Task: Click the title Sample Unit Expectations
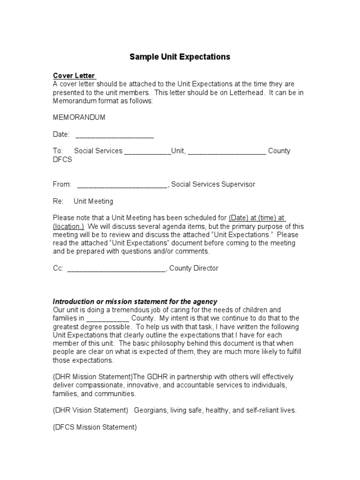(x=180, y=57)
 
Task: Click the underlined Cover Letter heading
(x=74, y=75)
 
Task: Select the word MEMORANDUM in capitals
(x=79, y=117)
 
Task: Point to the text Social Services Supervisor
(x=213, y=185)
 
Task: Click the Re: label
(x=58, y=202)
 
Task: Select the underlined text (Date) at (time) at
(x=257, y=218)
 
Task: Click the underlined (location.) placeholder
(x=68, y=226)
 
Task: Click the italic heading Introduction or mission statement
(x=135, y=301)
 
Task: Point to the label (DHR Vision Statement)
(x=90, y=410)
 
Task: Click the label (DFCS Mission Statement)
(x=95, y=427)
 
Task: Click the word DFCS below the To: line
(x=62, y=159)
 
